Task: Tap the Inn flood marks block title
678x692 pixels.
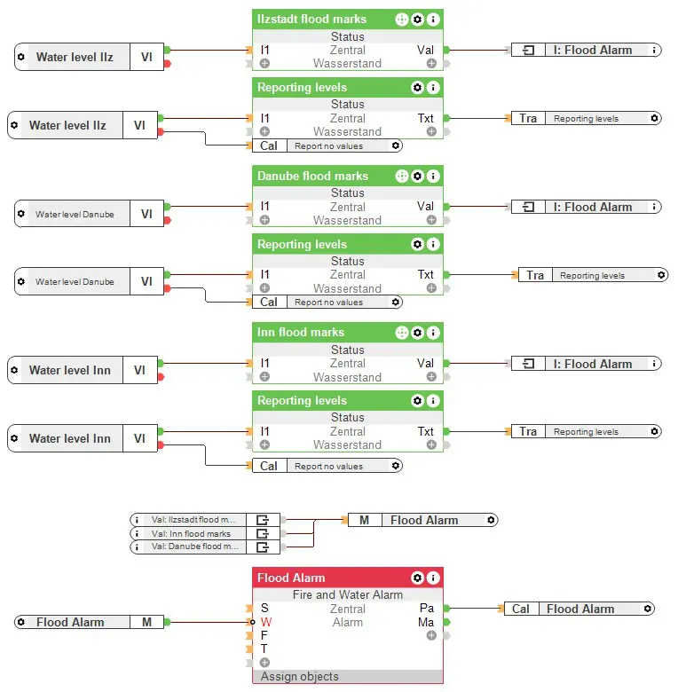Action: pos(300,333)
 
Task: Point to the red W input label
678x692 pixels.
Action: pos(265,622)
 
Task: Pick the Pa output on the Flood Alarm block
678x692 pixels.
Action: pos(426,609)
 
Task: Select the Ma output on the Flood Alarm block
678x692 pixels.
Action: pos(426,622)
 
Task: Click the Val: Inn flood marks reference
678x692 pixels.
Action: pos(191,533)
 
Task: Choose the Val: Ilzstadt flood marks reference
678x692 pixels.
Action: pos(191,520)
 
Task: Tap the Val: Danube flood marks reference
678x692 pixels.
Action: pos(191,547)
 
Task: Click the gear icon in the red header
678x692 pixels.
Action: pos(417,578)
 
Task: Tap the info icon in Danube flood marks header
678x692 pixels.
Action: pos(433,176)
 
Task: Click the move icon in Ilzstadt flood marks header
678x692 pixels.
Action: pos(401,19)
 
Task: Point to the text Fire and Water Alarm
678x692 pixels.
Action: pos(347,595)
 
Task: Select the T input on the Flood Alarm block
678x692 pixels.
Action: pos(264,649)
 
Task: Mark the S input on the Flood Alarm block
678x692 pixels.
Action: pos(264,609)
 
